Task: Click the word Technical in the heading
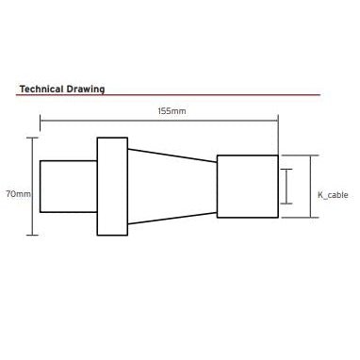coord(41,89)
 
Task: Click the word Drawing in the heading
coord(86,90)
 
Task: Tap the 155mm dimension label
coord(172,111)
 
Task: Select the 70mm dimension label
coord(19,194)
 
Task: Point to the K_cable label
coord(333,195)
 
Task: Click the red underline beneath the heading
coord(168,94)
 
